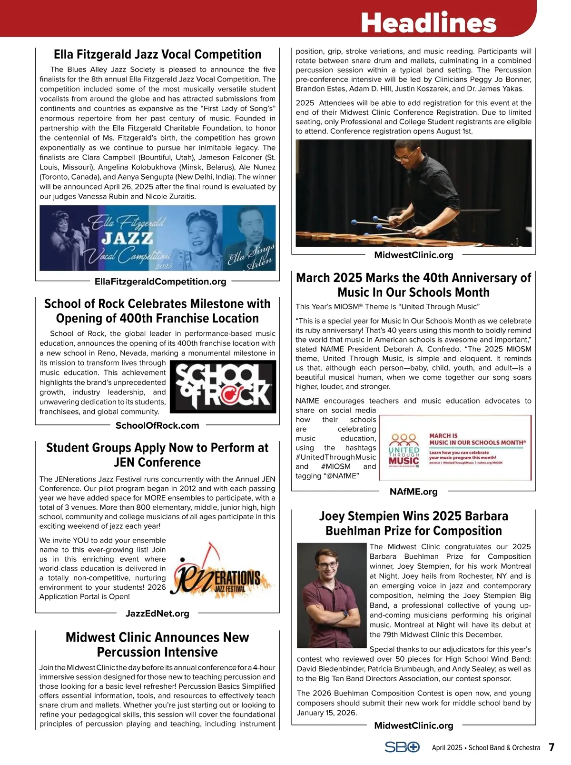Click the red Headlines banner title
tap(428, 22)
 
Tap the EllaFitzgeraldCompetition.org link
tap(160, 282)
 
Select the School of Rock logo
tap(223, 387)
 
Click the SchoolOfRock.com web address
tap(158, 425)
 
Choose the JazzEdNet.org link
tap(158, 614)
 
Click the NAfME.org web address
tap(413, 492)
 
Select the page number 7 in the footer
tap(551, 747)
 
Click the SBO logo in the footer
tap(402, 747)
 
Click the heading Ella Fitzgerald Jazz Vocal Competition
tap(158, 54)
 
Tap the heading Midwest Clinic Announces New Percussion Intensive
tap(158, 644)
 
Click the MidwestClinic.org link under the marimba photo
tap(413, 255)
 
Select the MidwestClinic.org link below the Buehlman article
tap(413, 725)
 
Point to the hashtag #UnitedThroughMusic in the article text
tap(336, 457)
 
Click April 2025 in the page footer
tap(447, 748)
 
